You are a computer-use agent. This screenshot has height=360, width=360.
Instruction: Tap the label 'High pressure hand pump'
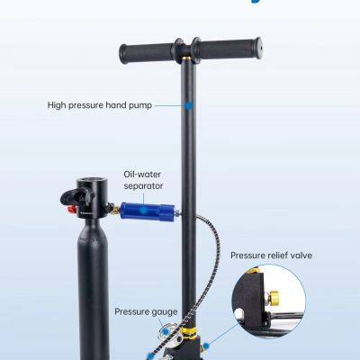pos(99,105)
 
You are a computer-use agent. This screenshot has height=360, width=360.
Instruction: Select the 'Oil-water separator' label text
pos(143,179)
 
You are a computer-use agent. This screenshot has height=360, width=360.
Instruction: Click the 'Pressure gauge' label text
pos(145,311)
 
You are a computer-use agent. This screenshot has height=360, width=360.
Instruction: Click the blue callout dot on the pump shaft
pos(189,105)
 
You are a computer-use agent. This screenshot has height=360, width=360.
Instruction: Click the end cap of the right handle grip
pos(257,45)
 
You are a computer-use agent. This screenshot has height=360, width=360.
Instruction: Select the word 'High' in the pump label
pos(57,105)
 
